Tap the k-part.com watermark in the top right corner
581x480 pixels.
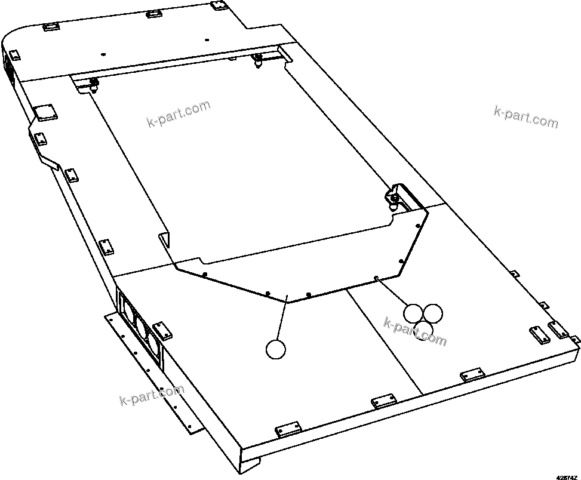pyautogui.click(x=526, y=116)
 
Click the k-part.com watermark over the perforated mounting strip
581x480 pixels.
pyautogui.click(x=152, y=394)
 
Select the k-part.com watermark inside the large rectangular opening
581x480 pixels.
pyautogui.click(x=178, y=114)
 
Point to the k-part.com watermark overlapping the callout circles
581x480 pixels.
pyautogui.click(x=414, y=332)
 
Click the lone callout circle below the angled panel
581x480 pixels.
pyautogui.click(x=275, y=349)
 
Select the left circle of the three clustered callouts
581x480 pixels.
pyautogui.click(x=413, y=313)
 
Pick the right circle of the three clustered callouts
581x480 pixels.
pyautogui.click(x=433, y=313)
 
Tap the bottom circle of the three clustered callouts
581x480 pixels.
pyautogui.click(x=423, y=330)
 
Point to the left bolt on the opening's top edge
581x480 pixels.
pyautogui.click(x=94, y=84)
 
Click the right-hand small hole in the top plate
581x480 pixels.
pyautogui.click(x=206, y=40)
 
